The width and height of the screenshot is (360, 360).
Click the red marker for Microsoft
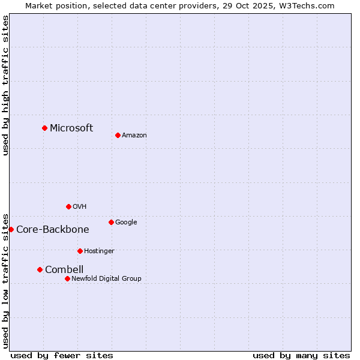44,128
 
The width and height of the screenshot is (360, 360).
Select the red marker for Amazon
118,135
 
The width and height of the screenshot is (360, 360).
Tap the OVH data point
68,206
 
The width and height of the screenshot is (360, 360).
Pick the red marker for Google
111,222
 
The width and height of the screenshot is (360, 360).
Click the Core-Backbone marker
11,229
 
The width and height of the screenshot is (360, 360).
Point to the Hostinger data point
80,251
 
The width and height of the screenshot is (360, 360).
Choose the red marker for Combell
40,269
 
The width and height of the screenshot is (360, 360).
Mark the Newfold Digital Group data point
67,278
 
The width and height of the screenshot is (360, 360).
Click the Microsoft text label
71,128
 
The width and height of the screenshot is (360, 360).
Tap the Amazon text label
134,136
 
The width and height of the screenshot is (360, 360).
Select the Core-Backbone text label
53,229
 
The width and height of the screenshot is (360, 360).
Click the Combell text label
64,269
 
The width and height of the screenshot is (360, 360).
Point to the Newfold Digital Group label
106,278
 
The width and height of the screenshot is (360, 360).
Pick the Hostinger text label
99,251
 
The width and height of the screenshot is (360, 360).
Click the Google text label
126,222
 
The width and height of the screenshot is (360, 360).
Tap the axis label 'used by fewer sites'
62,355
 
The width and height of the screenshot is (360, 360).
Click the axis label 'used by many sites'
301,355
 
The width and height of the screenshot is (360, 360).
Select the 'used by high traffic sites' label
5,85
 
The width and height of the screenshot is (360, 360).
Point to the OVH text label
80,206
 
